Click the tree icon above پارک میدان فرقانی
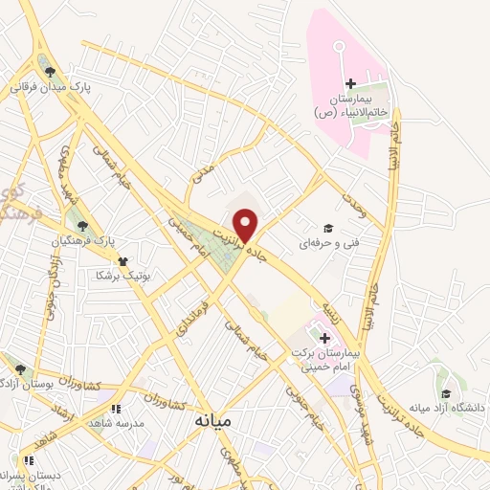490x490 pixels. [x=48, y=68]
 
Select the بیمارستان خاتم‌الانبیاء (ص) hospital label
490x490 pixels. [x=351, y=105]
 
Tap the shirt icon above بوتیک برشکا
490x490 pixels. [x=122, y=259]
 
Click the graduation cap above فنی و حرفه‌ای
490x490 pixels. [x=329, y=228]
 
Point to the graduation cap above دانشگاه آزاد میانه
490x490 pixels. [x=445, y=392]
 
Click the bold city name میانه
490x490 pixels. [x=212, y=420]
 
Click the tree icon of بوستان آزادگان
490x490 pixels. [x=20, y=368]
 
